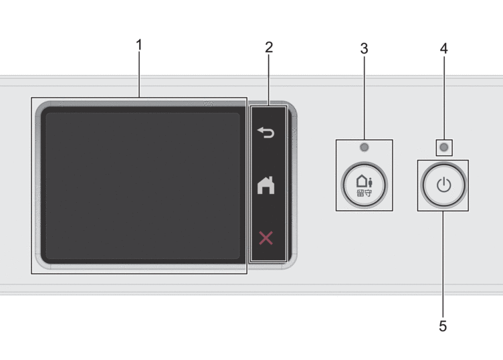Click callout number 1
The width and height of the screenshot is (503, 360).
139,46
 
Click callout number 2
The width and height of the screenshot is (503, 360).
269,48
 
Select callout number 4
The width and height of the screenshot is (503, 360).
443,48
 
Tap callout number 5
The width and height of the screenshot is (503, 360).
443,326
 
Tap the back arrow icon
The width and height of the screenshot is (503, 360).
266,132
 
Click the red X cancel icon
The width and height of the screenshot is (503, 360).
266,238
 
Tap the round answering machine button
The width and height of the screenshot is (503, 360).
364,185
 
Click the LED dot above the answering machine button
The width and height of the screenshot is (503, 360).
364,147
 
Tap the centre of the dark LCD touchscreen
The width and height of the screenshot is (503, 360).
140,185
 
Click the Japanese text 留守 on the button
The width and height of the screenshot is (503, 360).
364,194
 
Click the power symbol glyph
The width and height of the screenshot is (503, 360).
443,185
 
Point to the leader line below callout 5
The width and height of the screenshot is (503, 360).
443,264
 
